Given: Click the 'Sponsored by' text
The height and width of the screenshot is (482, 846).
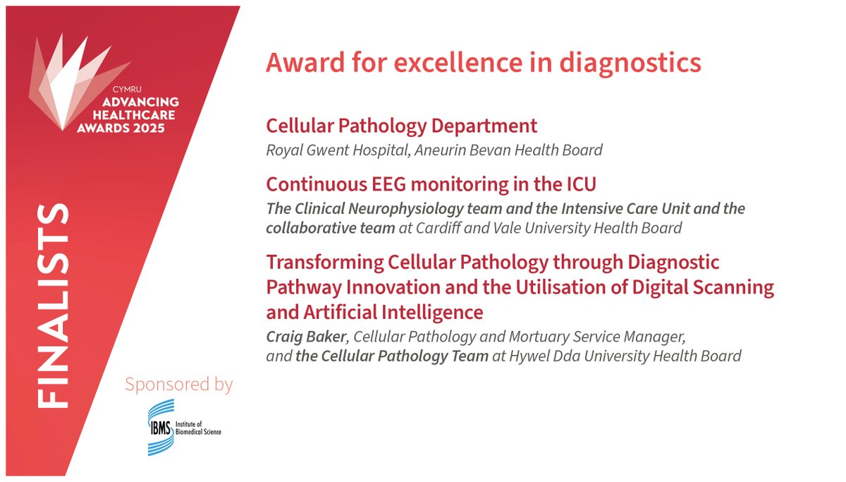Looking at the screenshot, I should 178,385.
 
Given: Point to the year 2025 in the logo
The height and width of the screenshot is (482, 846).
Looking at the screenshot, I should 149,128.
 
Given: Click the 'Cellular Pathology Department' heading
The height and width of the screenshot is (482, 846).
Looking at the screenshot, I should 401,126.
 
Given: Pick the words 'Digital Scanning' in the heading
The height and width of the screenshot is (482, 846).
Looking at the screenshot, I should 694,287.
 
